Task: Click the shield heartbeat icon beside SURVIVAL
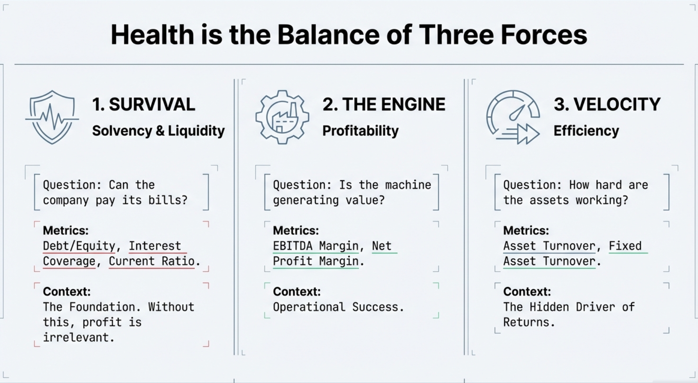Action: (52, 117)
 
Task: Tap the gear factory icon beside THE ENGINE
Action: (282, 117)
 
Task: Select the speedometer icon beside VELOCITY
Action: (513, 117)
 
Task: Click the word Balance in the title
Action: (328, 35)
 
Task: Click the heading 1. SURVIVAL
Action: (144, 104)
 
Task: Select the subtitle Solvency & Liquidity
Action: (158, 131)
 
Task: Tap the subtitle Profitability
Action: (360, 131)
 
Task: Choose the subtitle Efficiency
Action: (586, 131)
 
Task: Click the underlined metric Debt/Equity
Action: (79, 246)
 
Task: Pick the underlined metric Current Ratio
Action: (151, 261)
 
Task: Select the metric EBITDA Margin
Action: (316, 246)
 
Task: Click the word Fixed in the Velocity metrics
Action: (625, 246)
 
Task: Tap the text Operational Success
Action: (338, 307)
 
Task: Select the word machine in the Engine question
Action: (408, 185)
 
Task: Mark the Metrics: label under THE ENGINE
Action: (296, 230)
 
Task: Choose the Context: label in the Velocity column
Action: (527, 291)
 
